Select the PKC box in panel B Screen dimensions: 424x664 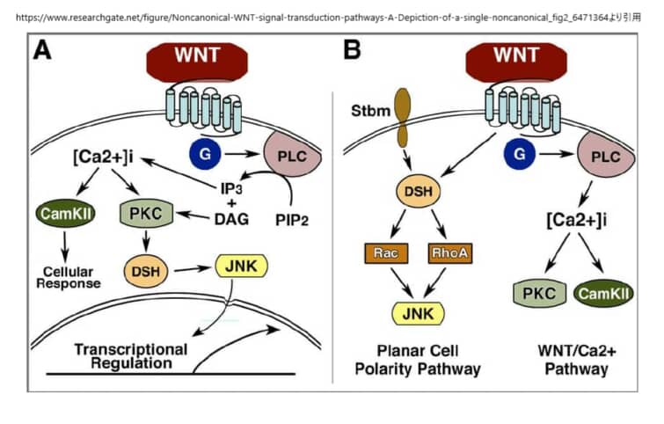tap(535, 292)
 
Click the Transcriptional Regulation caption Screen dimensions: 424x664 tap(131, 355)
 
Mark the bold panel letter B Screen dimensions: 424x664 tap(351, 50)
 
